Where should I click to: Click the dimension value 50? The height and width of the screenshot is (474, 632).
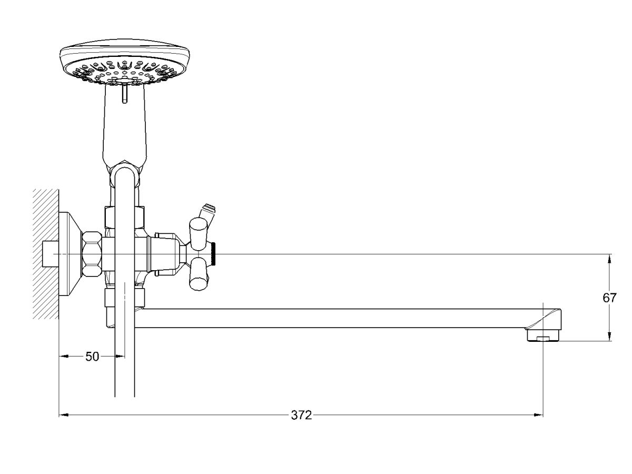(92, 357)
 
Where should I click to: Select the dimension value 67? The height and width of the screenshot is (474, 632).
(609, 298)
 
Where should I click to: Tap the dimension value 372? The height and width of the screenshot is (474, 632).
(301, 416)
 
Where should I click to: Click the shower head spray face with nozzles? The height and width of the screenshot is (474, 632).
(125, 72)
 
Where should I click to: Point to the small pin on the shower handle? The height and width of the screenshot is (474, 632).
(125, 93)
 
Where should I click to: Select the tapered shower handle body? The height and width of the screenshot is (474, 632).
(125, 126)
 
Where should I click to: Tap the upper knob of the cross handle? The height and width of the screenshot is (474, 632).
(198, 234)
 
